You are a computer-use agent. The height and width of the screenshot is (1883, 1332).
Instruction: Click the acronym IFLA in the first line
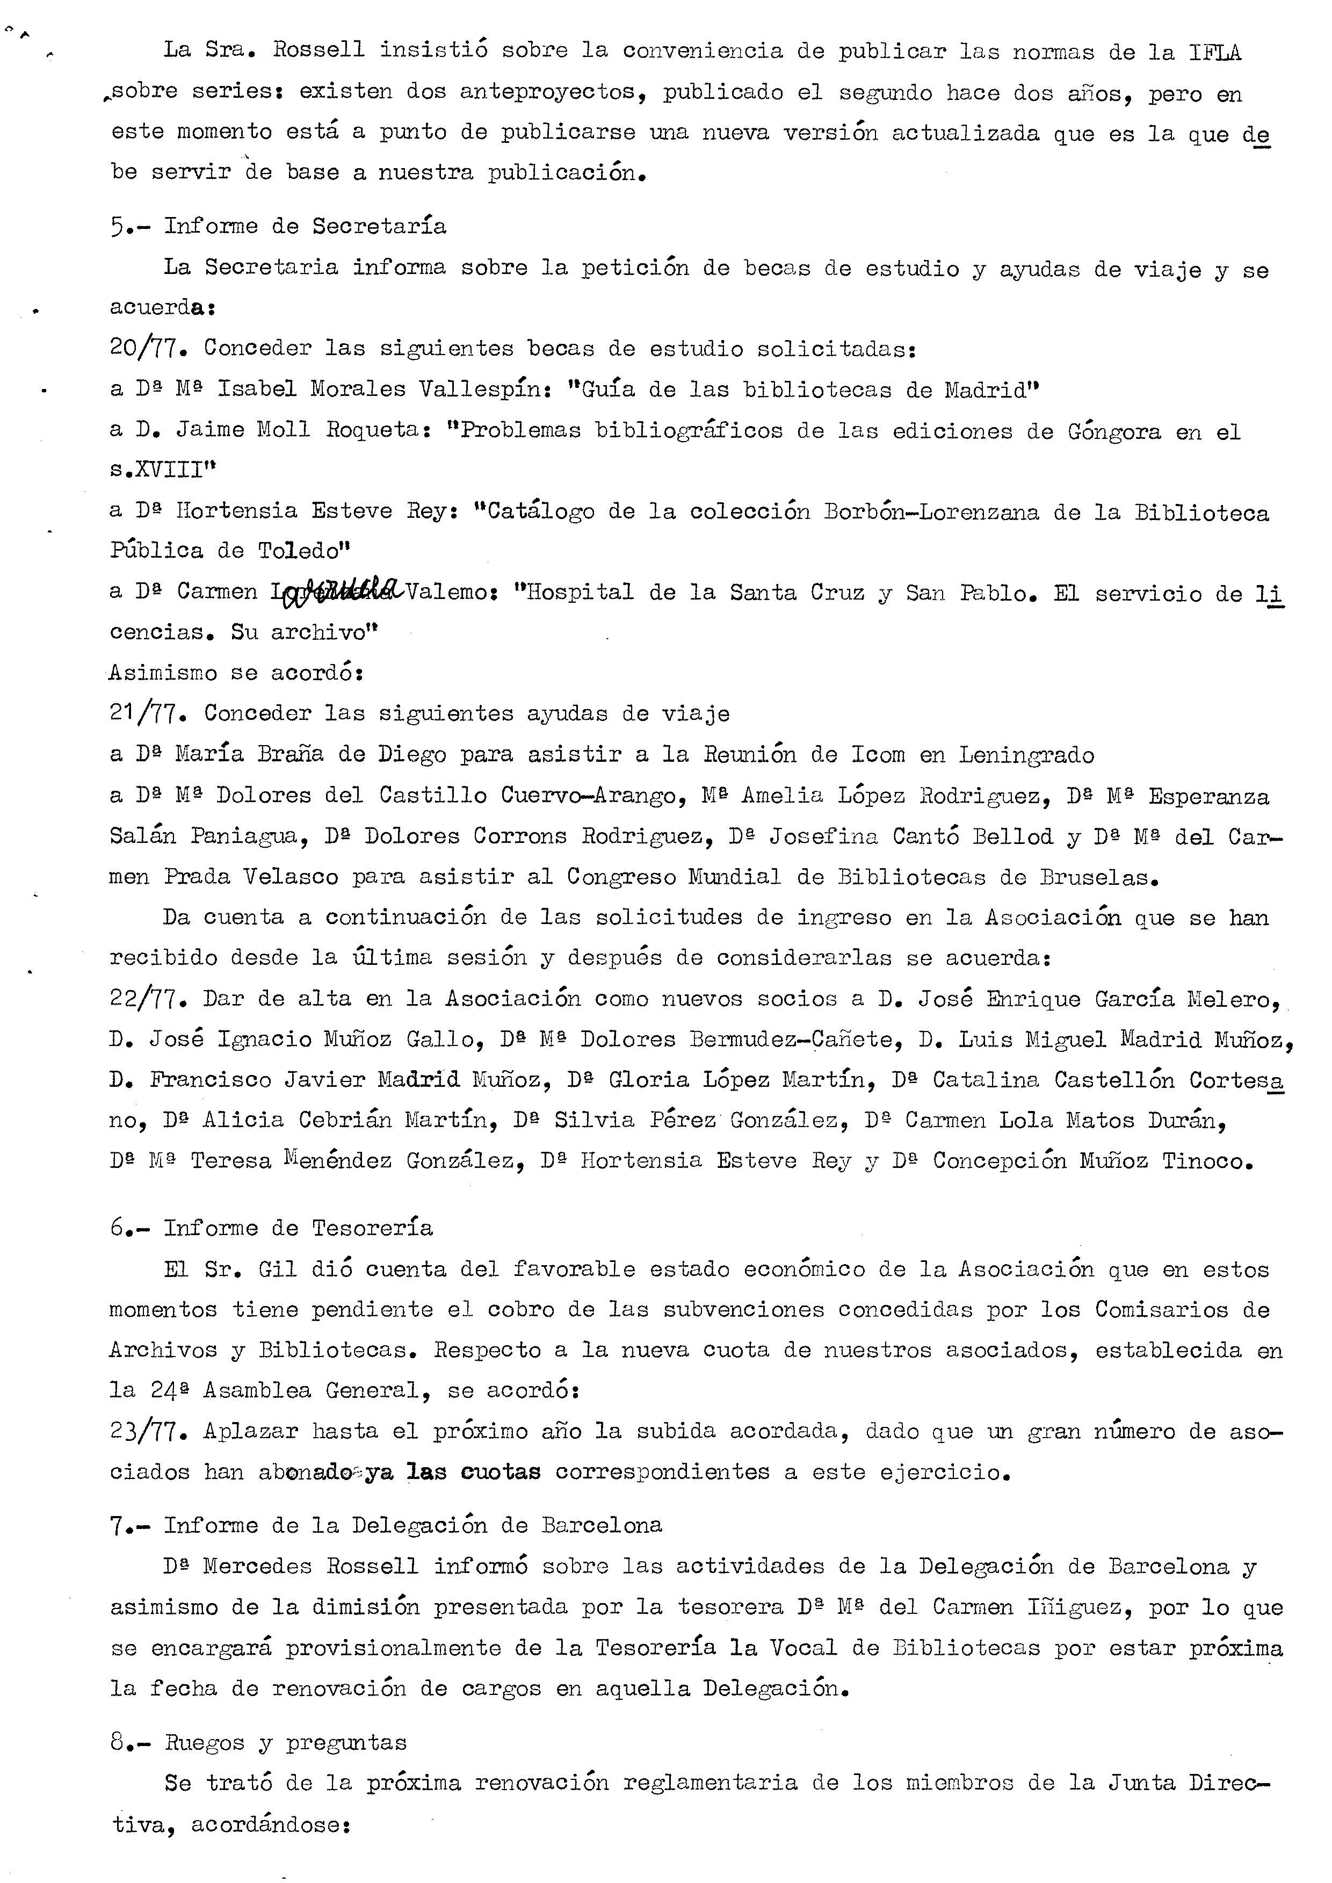click(x=1215, y=53)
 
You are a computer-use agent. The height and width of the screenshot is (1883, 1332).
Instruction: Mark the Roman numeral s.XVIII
click(x=162, y=470)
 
